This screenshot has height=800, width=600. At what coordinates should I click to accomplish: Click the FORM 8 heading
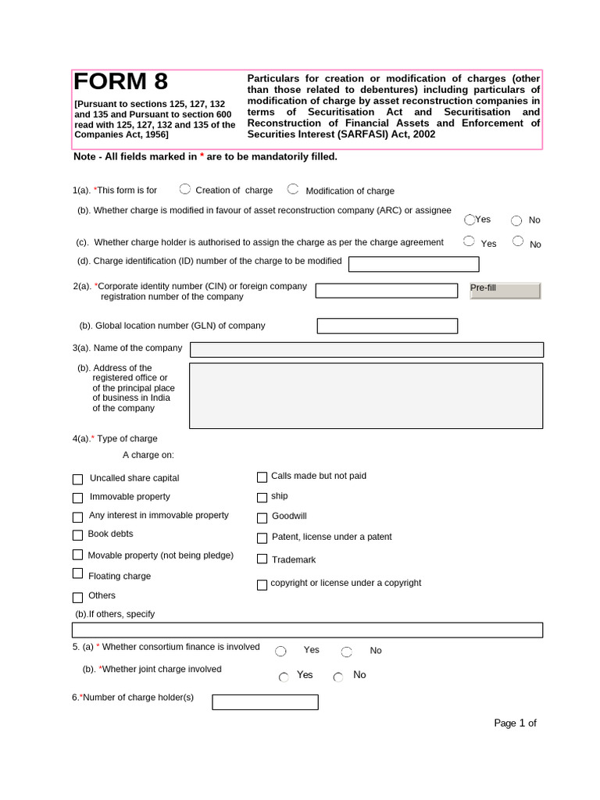120,82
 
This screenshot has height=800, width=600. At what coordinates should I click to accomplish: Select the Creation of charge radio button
185,188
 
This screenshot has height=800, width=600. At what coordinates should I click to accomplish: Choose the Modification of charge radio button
293,188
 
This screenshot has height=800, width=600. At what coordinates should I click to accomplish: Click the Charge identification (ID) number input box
413,264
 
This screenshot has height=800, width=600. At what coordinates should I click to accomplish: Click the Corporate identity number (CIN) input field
386,291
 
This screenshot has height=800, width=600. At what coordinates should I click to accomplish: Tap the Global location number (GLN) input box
387,326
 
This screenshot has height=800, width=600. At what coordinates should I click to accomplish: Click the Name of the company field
366,349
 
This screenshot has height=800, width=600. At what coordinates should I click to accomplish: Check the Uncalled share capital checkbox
77,479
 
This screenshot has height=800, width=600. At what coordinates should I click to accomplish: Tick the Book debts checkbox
77,535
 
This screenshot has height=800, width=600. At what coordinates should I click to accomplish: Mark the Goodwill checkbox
262,517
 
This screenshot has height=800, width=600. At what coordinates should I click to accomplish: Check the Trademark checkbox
262,559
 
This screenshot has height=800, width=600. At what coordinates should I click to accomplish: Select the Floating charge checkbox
77,574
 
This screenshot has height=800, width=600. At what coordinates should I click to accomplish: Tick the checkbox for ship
262,497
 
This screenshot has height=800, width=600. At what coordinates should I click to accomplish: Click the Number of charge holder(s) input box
265,702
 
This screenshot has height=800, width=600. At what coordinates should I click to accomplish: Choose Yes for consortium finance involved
280,652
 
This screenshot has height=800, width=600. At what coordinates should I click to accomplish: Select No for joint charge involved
338,677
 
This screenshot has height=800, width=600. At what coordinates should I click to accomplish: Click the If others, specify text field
307,630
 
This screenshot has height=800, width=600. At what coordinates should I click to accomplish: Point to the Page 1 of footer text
515,723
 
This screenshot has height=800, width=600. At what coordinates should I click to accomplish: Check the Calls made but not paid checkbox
262,477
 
